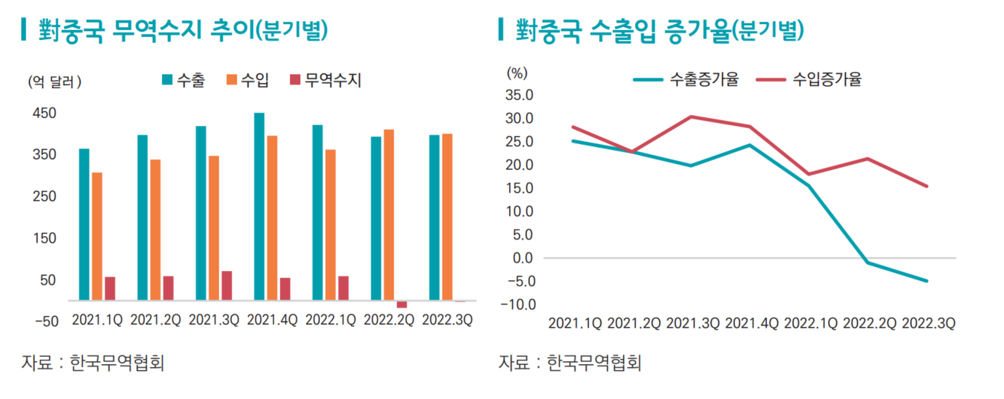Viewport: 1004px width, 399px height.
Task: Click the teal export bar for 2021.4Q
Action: pos(259,206)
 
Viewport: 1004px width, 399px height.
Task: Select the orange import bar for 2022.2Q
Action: pos(389,215)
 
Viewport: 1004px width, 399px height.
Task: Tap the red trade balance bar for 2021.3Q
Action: pos(227,285)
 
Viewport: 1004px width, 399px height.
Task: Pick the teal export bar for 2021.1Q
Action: pos(84,224)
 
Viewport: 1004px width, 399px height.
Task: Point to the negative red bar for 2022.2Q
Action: pos(401,304)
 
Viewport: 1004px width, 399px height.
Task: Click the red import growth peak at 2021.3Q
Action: pos(690,116)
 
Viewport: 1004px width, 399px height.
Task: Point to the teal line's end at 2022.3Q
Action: pos(927,280)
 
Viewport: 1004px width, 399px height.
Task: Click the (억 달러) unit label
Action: pos(55,82)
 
